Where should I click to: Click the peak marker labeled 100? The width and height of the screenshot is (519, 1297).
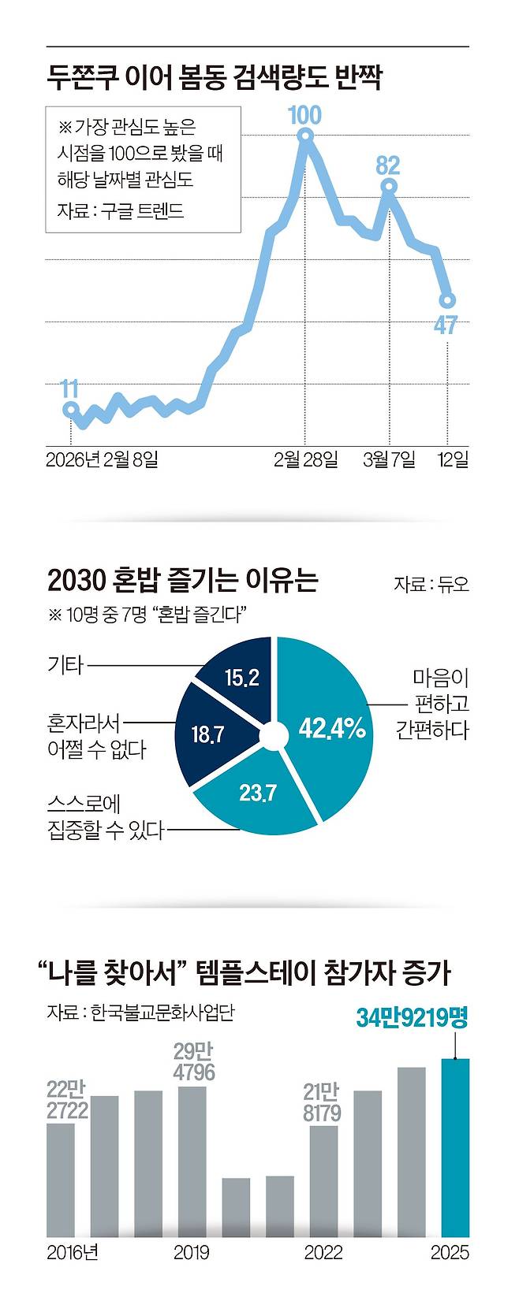pyautogui.click(x=305, y=136)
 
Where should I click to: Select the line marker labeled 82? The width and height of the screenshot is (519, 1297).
pyautogui.click(x=388, y=187)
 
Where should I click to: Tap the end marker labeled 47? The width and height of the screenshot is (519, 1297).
pyautogui.click(x=447, y=300)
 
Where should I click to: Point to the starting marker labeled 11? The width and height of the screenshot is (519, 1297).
pyautogui.click(x=70, y=409)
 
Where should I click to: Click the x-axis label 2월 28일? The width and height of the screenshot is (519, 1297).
pyautogui.click(x=305, y=459)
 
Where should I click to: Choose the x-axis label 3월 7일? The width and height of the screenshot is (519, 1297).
pyautogui.click(x=389, y=459)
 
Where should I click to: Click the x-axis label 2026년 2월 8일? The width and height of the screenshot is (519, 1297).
pyautogui.click(x=103, y=459)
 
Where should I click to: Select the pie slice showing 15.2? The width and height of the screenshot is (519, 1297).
pyautogui.click(x=241, y=678)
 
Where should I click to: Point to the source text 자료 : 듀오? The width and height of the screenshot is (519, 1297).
pyautogui.click(x=431, y=584)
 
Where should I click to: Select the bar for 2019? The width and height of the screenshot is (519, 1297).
pyautogui.click(x=192, y=1161)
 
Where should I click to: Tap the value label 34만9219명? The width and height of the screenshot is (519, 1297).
pyautogui.click(x=412, y=1017)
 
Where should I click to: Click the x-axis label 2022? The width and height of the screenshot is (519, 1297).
pyautogui.click(x=323, y=1252)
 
